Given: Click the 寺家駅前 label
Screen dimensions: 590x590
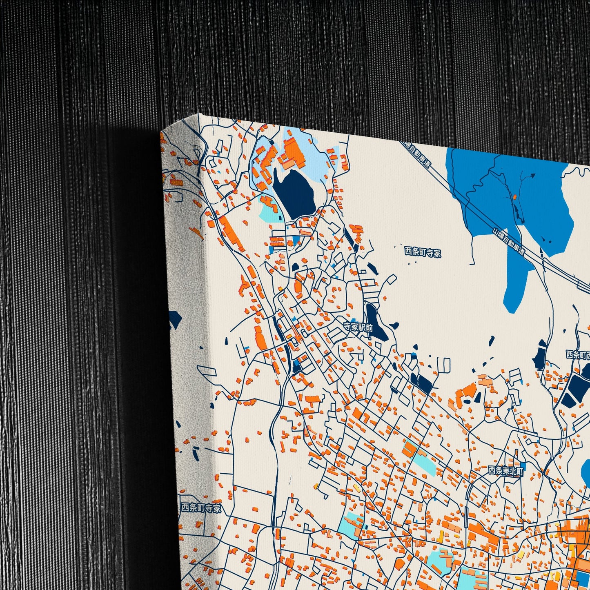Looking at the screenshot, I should pos(358,327).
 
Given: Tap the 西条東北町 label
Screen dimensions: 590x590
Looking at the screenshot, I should pos(506,471).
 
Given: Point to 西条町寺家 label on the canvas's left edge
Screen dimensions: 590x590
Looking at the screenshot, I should pos(201,508).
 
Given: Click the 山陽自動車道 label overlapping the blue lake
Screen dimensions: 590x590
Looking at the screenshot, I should pos(508,242).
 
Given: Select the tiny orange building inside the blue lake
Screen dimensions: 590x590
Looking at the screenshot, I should pos(515,197).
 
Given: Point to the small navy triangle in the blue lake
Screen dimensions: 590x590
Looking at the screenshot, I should pos(532,176).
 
